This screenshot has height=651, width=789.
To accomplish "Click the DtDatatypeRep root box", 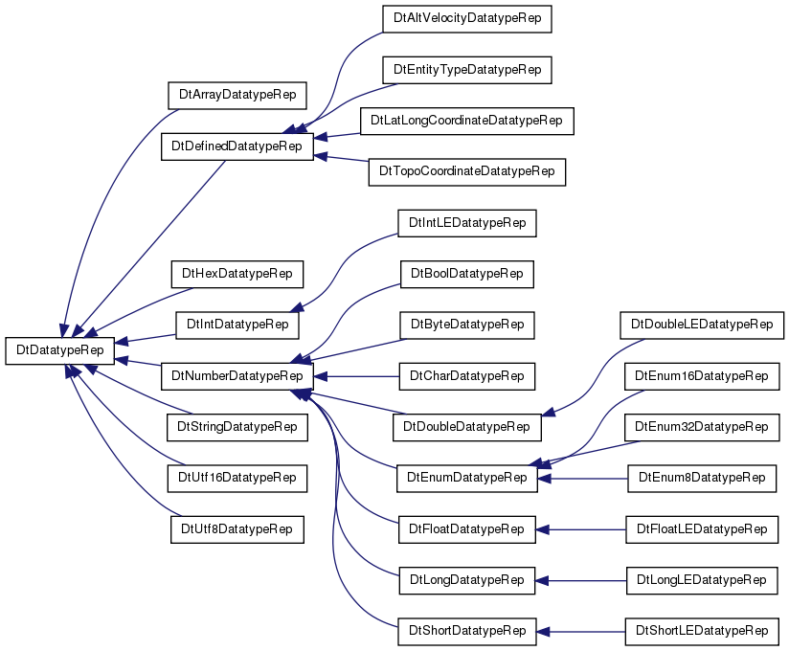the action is [x=60, y=350].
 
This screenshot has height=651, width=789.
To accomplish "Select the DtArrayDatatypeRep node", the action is [x=237, y=95].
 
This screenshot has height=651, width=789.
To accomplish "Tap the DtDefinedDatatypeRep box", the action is [x=237, y=146].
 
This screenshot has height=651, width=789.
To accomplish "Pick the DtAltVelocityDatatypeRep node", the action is [x=467, y=19].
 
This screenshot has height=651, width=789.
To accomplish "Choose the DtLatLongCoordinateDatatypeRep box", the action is [x=467, y=121].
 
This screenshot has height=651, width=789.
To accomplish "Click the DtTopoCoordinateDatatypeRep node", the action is [x=467, y=172].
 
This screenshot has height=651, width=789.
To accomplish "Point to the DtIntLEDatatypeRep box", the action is [x=467, y=223].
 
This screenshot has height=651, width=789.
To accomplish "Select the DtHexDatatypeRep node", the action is [x=237, y=274].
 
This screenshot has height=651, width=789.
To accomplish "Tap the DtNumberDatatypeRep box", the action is [x=237, y=376].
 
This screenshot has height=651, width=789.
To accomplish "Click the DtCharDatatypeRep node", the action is [x=467, y=376].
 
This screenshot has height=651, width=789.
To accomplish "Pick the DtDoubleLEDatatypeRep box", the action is [x=702, y=325].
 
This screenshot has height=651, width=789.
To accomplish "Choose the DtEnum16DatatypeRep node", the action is [x=702, y=376].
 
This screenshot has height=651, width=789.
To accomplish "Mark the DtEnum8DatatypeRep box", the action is [x=702, y=479].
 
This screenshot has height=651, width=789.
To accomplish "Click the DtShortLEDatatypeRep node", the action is [x=702, y=632].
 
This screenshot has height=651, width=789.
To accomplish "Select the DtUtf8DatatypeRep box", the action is [x=237, y=529].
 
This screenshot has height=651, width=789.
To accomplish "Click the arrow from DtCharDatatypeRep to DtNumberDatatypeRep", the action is [x=357, y=376].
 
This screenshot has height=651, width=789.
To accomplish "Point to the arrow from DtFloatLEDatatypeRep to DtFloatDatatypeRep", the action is [x=580, y=529].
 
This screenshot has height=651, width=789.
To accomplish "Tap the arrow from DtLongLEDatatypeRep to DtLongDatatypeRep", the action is [x=580, y=580].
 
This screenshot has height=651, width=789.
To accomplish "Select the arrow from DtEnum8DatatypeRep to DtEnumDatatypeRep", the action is [x=583, y=479].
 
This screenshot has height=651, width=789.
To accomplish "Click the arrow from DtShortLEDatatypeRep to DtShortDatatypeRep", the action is [x=580, y=632].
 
